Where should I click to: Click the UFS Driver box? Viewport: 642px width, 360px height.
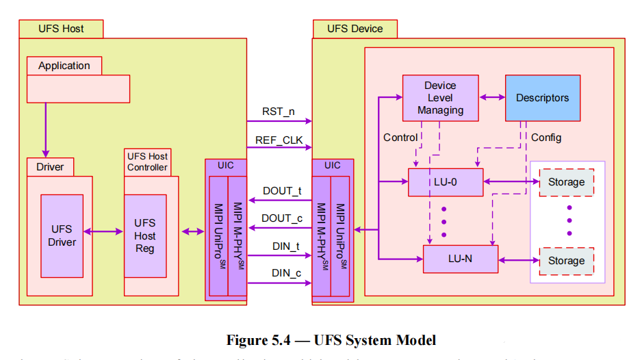(62, 235)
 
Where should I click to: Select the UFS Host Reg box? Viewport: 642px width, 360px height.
(145, 235)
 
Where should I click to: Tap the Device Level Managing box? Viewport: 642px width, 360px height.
(440, 98)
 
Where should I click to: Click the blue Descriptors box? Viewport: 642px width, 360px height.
(542, 98)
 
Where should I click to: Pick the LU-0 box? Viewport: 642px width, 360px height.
(446, 182)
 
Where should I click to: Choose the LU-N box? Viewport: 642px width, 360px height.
(460, 259)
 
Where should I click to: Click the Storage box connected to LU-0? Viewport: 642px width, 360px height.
(566, 182)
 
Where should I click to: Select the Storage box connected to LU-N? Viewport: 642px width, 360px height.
(566, 261)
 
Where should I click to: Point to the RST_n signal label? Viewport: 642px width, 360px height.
(279, 111)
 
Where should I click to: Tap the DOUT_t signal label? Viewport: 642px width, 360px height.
(282, 191)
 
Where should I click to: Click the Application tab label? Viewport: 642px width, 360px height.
(64, 66)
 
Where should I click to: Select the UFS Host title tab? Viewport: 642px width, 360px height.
(62, 29)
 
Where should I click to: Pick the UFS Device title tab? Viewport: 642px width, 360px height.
(355, 29)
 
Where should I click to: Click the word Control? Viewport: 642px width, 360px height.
(400, 138)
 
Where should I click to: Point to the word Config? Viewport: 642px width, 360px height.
(546, 138)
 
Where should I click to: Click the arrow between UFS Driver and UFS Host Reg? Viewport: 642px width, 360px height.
(103, 232)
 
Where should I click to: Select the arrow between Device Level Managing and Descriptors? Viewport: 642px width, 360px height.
(491, 98)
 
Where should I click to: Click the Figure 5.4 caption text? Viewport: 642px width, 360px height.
(331, 340)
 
